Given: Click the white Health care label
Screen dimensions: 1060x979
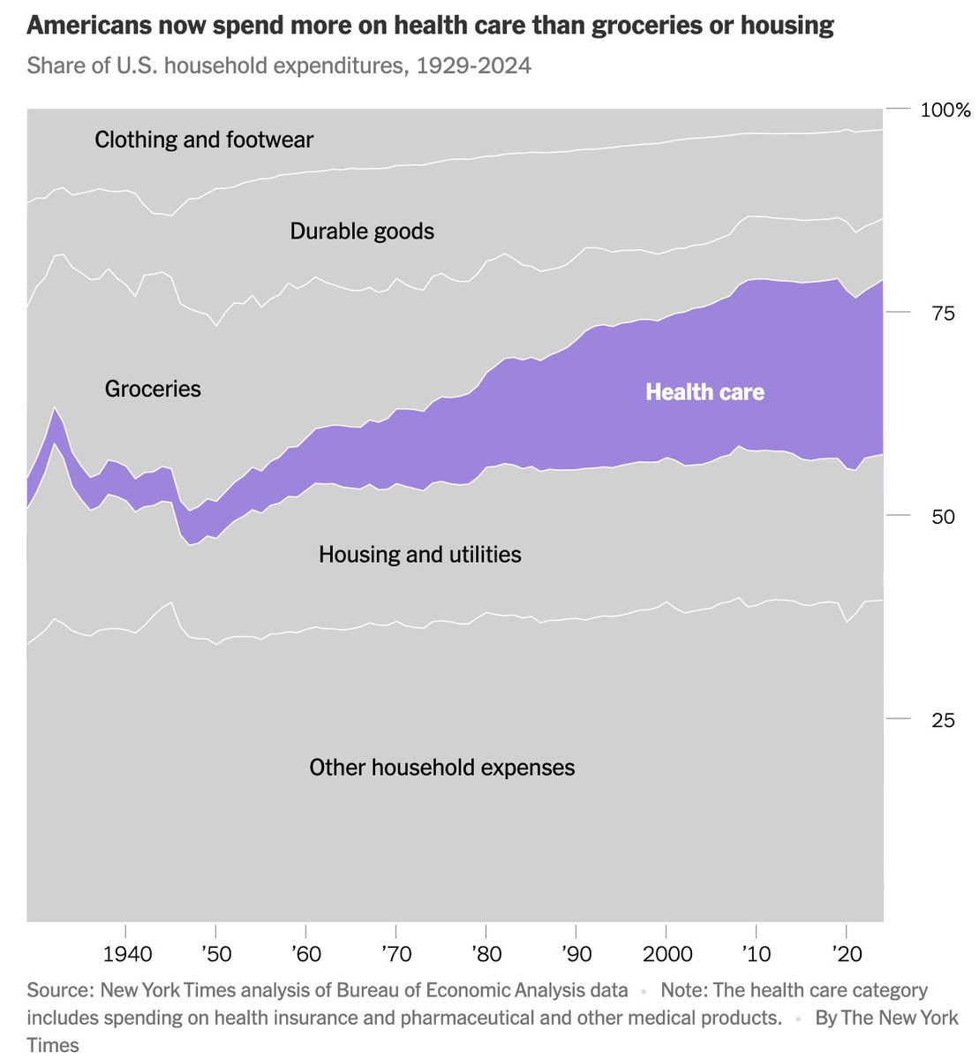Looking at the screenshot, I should click(704, 392).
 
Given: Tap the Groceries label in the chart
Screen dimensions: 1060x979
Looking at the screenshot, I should click(153, 389).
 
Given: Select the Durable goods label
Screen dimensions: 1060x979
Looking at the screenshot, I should click(362, 231).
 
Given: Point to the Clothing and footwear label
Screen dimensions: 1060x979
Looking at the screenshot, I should click(204, 140).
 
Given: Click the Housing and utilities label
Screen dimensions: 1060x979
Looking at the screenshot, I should click(419, 555).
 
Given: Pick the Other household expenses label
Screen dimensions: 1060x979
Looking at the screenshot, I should click(441, 768).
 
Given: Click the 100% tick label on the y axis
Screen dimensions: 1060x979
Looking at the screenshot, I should click(945, 110).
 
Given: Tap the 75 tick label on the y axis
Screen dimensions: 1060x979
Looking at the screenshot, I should click(943, 314).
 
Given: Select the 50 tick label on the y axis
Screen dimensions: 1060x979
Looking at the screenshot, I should click(943, 517).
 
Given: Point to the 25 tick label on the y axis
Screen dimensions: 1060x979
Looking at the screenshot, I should click(943, 721).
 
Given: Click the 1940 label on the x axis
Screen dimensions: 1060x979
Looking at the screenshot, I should click(127, 955).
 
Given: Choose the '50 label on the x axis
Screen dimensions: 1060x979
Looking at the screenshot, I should click(215, 955).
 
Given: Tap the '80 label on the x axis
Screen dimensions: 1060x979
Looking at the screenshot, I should click(486, 955).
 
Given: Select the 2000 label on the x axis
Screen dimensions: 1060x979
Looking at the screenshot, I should click(667, 955).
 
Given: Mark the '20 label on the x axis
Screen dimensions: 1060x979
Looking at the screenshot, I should click(847, 955).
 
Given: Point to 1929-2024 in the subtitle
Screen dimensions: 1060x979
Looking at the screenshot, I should click(473, 66).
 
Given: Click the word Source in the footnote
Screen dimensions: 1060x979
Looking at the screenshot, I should click(59, 990).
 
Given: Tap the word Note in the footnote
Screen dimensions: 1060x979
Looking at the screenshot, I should click(682, 990).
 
